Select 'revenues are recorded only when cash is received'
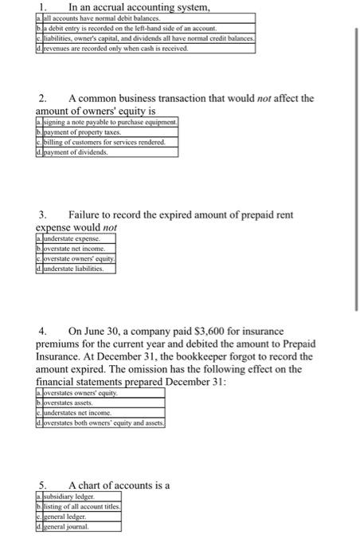point(119,48)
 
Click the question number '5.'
point(44,485)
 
